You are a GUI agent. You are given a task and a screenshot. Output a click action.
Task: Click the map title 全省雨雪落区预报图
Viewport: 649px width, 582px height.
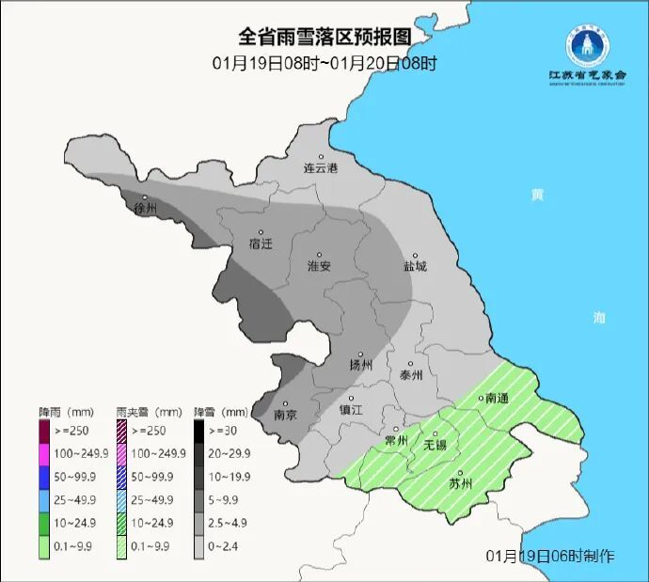pos(324,37)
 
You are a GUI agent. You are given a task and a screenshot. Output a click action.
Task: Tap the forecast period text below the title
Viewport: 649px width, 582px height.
pos(324,64)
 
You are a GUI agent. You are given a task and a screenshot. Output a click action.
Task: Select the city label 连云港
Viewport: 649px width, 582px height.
pos(320,168)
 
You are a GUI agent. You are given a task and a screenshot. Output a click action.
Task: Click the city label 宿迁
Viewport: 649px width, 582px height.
pos(261,243)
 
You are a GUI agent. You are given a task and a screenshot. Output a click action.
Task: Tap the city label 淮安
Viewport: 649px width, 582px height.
pos(320,266)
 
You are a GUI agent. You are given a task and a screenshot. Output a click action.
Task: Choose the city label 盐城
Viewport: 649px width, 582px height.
pos(414,266)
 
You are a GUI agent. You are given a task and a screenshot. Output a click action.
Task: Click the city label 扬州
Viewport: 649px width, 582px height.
pos(361,364)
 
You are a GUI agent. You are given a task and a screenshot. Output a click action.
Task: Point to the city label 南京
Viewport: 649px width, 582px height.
pos(285,415)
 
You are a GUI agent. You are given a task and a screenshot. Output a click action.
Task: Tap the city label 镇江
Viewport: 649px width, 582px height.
pos(351,410)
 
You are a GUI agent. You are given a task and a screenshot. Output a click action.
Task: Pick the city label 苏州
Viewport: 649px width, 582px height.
pos(461,484)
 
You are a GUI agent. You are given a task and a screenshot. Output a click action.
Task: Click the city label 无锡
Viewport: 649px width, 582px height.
pos(435,444)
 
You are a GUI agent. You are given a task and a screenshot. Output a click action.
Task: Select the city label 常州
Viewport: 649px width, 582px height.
pos(397,440)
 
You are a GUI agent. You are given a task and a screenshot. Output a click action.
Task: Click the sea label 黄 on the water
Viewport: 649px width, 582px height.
pos(537,195)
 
